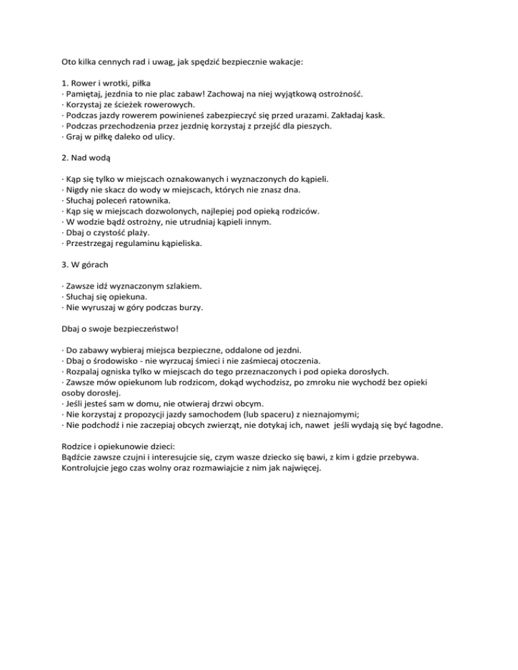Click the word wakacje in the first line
click(285, 61)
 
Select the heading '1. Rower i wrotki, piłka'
click(104, 83)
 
